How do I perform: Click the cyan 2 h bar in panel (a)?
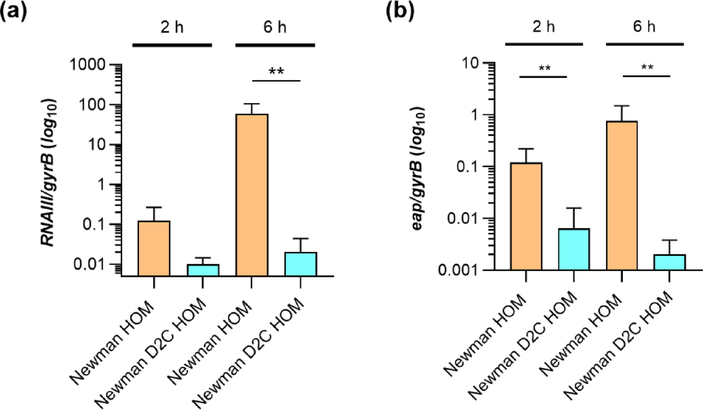202,270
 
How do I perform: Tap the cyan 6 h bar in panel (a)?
300,264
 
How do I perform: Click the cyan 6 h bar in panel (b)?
670,262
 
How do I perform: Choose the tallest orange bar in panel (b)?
621,195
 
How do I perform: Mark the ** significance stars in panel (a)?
276,72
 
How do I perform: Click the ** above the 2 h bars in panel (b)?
544,68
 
